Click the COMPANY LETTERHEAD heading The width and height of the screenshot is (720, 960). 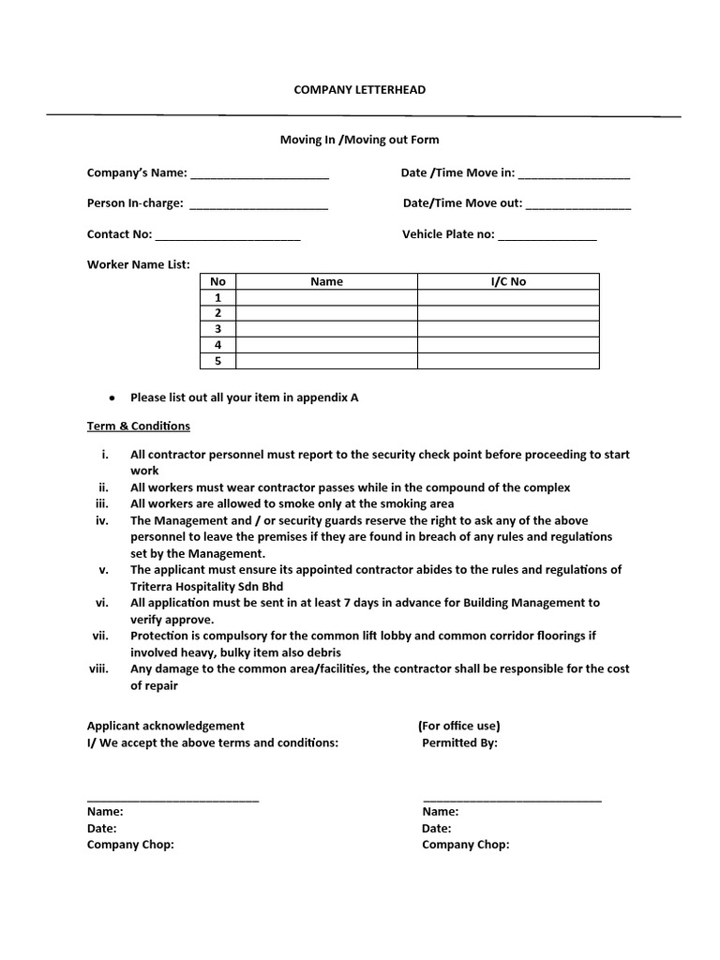coord(360,89)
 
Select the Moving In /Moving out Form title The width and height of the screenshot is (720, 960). coord(360,140)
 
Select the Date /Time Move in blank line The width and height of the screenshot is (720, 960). coord(574,175)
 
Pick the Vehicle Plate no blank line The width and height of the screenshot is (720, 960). coord(547,236)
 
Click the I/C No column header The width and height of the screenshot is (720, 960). coord(508,281)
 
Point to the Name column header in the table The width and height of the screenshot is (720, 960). coord(326,281)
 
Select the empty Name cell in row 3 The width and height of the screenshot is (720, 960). coord(326,329)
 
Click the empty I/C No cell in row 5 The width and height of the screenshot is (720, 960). coord(508,361)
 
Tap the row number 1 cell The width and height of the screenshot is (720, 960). coord(218,297)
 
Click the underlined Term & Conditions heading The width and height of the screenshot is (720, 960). coord(139,426)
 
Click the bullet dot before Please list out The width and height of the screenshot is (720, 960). coord(112,397)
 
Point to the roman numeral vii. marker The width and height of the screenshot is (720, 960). coord(101,636)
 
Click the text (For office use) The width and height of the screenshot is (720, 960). coord(458,726)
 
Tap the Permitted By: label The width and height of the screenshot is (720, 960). coord(459,743)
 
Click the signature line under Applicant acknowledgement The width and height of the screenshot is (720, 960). coord(172,799)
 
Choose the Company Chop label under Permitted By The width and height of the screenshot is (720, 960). coord(466,845)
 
